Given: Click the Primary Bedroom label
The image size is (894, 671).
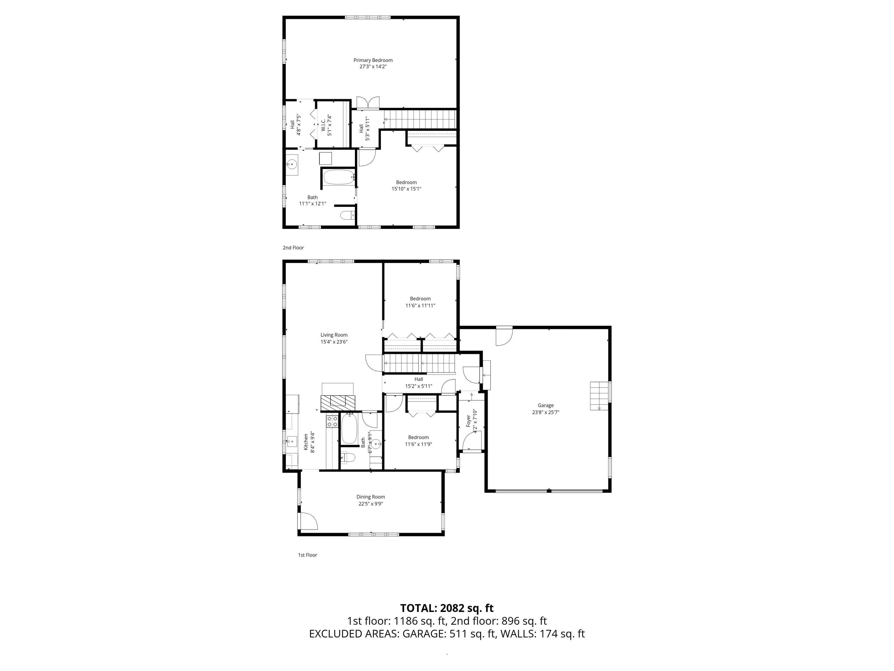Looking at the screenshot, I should [x=372, y=60].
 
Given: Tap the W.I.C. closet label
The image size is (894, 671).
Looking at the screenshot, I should [x=324, y=125].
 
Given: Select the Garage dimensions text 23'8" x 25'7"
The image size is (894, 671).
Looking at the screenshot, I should [x=545, y=412].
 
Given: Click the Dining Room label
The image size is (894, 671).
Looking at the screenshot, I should [x=370, y=497].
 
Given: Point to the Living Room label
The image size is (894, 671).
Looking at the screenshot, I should [x=334, y=335].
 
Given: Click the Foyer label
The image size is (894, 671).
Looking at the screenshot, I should [x=468, y=420].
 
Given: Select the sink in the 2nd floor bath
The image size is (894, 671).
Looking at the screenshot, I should [x=291, y=165].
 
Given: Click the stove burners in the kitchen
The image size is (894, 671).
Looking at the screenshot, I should [x=332, y=421].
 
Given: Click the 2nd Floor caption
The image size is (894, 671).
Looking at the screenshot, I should [x=293, y=248].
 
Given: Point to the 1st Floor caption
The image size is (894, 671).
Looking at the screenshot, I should [x=307, y=555].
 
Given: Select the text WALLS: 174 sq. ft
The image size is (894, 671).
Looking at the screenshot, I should [x=542, y=634].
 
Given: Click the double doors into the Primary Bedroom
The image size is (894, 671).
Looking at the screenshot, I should [x=368, y=103].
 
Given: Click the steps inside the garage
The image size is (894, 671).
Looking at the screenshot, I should [x=599, y=395].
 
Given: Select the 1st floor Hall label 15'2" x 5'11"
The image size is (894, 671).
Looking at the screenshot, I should [x=418, y=383].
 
